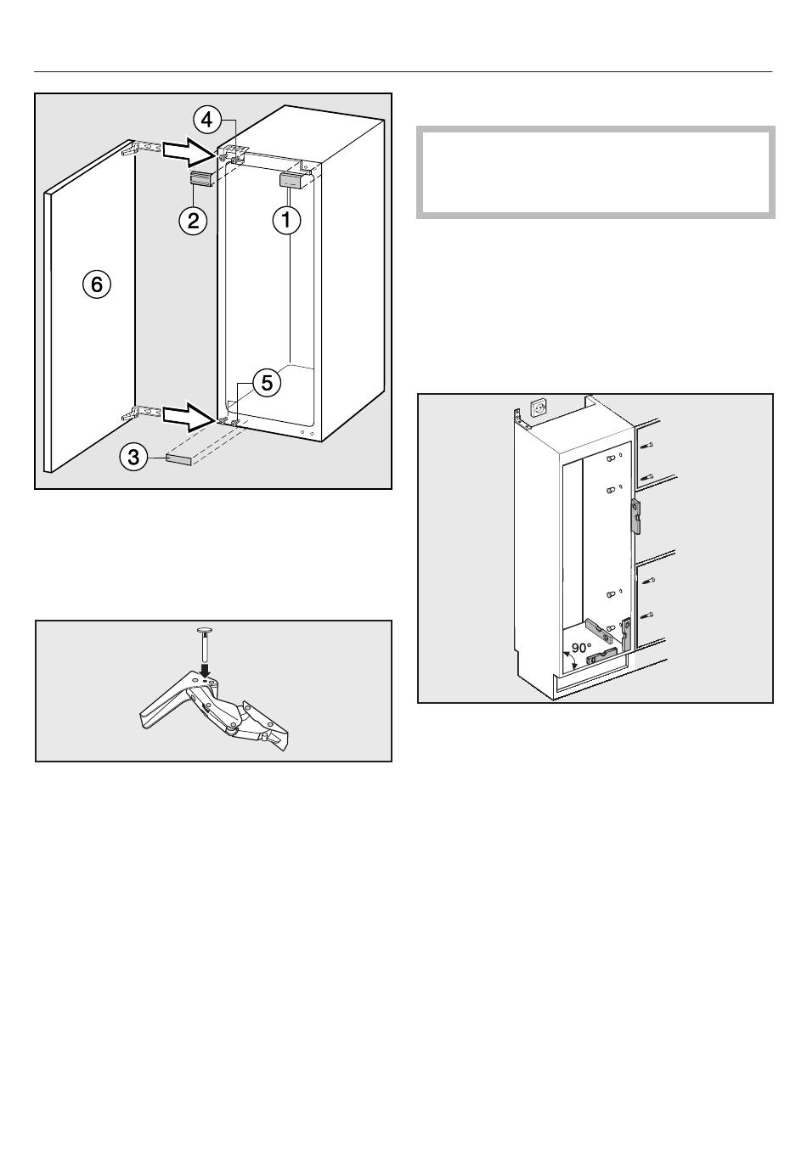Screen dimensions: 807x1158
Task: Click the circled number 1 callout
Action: [286, 221]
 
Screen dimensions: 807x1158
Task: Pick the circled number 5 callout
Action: [267, 383]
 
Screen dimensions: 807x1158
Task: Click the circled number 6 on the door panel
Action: [97, 284]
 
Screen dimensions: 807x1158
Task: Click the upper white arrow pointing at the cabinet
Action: [188, 151]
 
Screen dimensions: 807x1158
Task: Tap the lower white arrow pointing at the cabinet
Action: [188, 415]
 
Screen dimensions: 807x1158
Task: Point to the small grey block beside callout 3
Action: [180, 458]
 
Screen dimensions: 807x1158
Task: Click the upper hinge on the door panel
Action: [141, 148]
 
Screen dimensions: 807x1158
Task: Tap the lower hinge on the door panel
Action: [141, 413]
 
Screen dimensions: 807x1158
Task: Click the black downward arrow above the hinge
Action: [205, 670]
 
